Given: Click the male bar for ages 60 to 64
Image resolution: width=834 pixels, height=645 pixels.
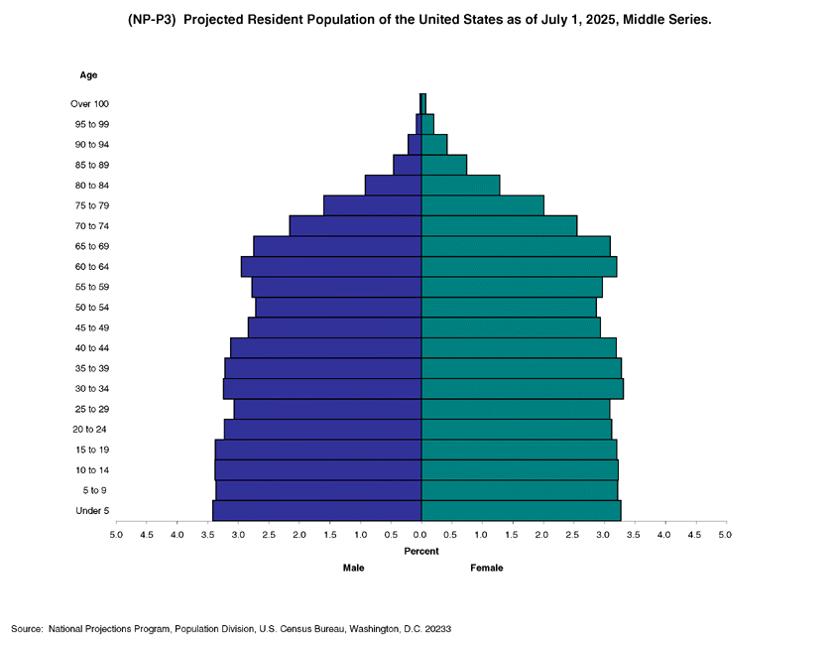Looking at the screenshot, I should pos(331,267).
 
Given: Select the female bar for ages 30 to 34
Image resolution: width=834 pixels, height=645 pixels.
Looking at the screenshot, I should pos(522,389).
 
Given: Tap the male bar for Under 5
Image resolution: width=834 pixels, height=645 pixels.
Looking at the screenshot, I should pos(317,511).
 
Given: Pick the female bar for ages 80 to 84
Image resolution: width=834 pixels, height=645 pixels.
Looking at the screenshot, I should pos(460,186).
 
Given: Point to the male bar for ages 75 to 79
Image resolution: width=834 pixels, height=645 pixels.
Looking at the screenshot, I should pos(373,205).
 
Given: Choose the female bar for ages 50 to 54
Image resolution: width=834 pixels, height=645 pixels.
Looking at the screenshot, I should pos(509,308).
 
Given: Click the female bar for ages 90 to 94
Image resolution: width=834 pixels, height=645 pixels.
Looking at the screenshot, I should pos(434,145).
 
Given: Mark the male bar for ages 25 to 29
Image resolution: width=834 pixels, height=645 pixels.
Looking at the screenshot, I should pos(328,409).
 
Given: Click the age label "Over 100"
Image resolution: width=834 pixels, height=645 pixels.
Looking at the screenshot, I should pos(90,104).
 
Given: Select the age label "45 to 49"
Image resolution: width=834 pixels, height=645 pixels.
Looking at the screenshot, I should pos(92,327).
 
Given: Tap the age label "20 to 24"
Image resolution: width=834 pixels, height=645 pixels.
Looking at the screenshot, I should pos(90,430).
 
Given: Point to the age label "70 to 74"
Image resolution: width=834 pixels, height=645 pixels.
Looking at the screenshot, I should pos(92,226).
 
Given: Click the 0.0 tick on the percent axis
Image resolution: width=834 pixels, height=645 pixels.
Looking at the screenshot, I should pos(421,535).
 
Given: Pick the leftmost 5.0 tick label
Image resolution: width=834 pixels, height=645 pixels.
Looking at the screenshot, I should pos(116,535).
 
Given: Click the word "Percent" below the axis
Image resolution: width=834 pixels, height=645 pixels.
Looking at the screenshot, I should pos(421,551).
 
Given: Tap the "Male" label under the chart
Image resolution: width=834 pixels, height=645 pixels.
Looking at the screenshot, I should pos(354,568).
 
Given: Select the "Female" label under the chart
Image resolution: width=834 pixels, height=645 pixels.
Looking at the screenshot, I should pos(487,568).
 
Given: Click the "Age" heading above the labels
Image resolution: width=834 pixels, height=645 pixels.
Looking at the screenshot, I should pos(88,75).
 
